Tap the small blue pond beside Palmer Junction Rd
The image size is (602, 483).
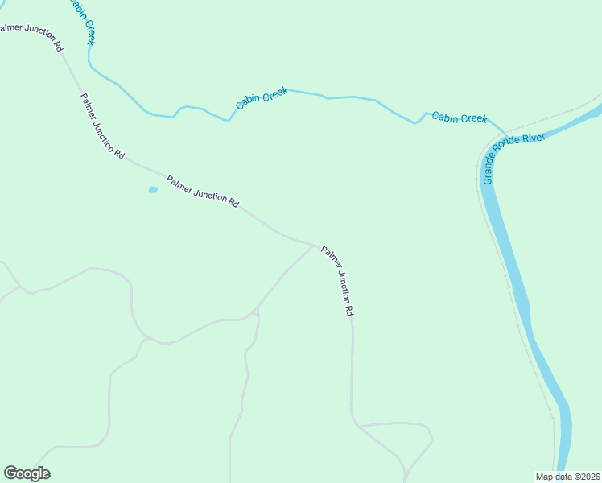tap(153, 190)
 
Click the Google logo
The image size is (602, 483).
tap(27, 473)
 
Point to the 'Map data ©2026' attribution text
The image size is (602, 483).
tap(567, 476)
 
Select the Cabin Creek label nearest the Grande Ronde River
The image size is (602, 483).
tap(460, 118)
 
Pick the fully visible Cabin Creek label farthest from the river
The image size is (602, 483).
tap(262, 99)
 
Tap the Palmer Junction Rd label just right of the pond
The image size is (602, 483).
tap(203, 192)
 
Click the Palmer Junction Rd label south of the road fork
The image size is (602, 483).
tap(337, 280)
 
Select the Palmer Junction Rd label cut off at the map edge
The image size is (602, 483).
tap(31, 36)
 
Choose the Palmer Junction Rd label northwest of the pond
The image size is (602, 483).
tap(102, 126)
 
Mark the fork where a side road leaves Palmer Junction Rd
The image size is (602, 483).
tap(314, 244)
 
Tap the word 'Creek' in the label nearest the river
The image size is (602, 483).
tap(473, 118)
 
